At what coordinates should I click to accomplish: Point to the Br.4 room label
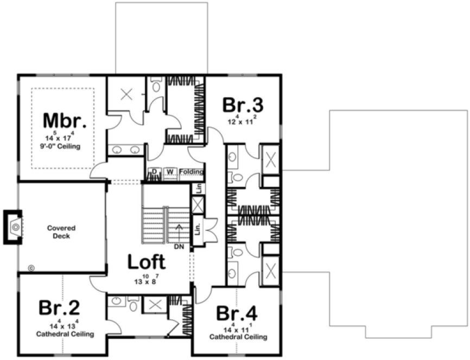(237, 313)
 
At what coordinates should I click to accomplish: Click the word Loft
(146, 262)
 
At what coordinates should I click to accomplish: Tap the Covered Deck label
(61, 232)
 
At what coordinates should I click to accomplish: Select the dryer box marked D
(154, 172)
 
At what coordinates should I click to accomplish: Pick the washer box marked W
(170, 172)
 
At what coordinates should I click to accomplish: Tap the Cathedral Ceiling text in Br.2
(65, 335)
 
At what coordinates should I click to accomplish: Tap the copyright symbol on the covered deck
(31, 267)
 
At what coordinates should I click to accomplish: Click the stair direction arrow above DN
(180, 230)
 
